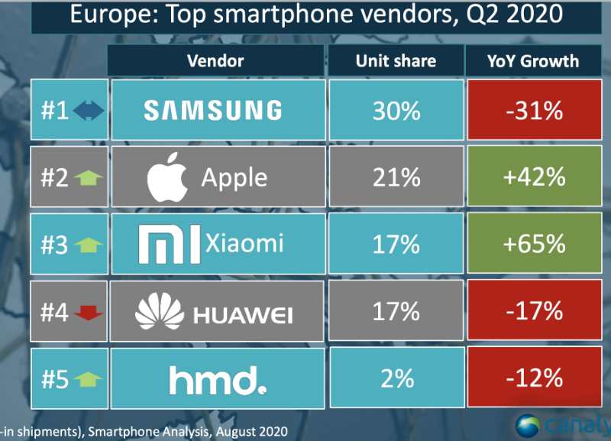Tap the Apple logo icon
(167, 177)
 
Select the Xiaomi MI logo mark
(170, 244)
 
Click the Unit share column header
(396, 61)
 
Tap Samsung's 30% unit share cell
(396, 112)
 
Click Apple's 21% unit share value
(396, 178)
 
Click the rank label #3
(55, 245)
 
